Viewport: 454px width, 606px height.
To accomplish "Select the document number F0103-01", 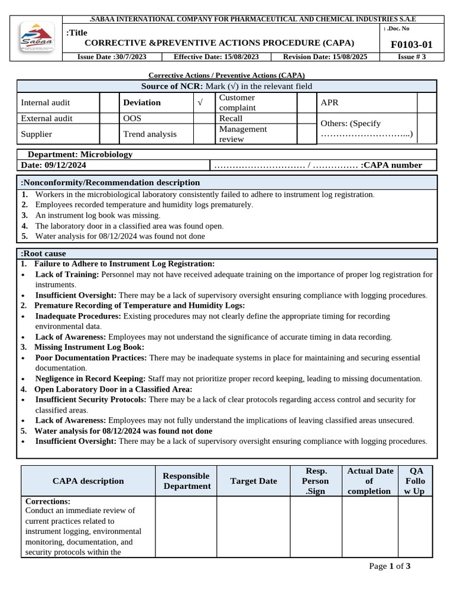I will click(411, 44).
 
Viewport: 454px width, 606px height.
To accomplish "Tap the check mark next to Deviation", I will click(200, 103).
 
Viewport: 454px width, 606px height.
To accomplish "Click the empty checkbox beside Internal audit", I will click(106, 103).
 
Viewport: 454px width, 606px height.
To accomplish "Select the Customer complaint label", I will click(237, 102).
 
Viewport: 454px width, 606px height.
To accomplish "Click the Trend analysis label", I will click(150, 134).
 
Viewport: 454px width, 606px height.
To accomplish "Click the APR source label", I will click(329, 103).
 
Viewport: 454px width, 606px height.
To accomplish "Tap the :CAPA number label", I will click(391, 165).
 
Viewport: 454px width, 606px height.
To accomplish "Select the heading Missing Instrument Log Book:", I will click(89, 347).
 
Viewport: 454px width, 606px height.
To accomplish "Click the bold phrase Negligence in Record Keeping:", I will click(90, 379).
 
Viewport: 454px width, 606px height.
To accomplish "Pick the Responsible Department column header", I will click(186, 481).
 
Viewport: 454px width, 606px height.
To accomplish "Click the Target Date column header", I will click(254, 481).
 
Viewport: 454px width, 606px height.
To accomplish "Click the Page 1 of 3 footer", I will click(390, 566).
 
